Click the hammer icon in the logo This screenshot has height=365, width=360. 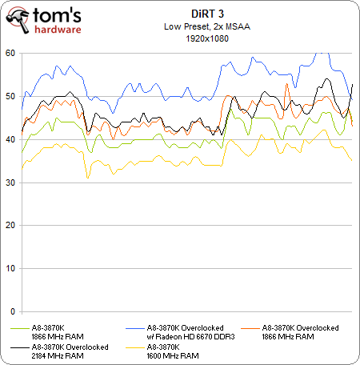click(18, 21)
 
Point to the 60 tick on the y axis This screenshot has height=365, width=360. click(10, 53)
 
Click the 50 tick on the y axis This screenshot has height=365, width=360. click(10, 96)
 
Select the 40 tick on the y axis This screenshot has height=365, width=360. click(10, 139)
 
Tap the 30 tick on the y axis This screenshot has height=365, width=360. click(10, 182)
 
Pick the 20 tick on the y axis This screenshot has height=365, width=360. click(10, 226)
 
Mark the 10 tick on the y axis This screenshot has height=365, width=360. click(10, 269)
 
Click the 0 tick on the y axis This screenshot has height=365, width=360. click(13, 311)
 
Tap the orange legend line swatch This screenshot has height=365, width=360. click(250, 328)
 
